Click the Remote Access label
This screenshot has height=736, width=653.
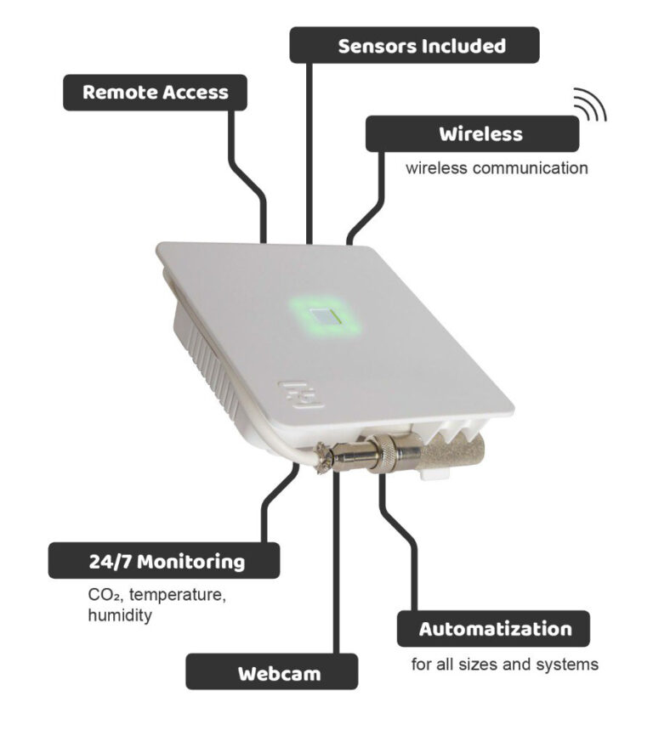click(155, 93)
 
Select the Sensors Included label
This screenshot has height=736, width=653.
click(414, 45)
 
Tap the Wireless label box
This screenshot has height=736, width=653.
click(472, 134)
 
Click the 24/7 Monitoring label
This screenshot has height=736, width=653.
click(164, 561)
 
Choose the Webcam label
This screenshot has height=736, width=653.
click(271, 674)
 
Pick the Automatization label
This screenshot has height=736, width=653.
click(493, 630)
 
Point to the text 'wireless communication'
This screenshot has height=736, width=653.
click(496, 168)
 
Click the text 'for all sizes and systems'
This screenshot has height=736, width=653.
click(504, 664)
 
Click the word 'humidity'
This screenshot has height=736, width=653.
click(120, 614)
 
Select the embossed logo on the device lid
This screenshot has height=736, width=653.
click(300, 394)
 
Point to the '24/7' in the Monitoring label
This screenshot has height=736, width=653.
click(111, 561)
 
